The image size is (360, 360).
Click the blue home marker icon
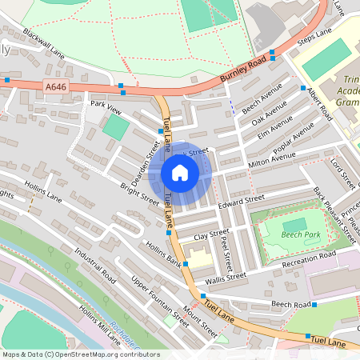point(180,173)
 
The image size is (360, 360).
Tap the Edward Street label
point(241,202)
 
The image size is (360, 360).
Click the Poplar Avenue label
point(293,139)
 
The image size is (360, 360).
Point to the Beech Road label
point(290,305)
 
